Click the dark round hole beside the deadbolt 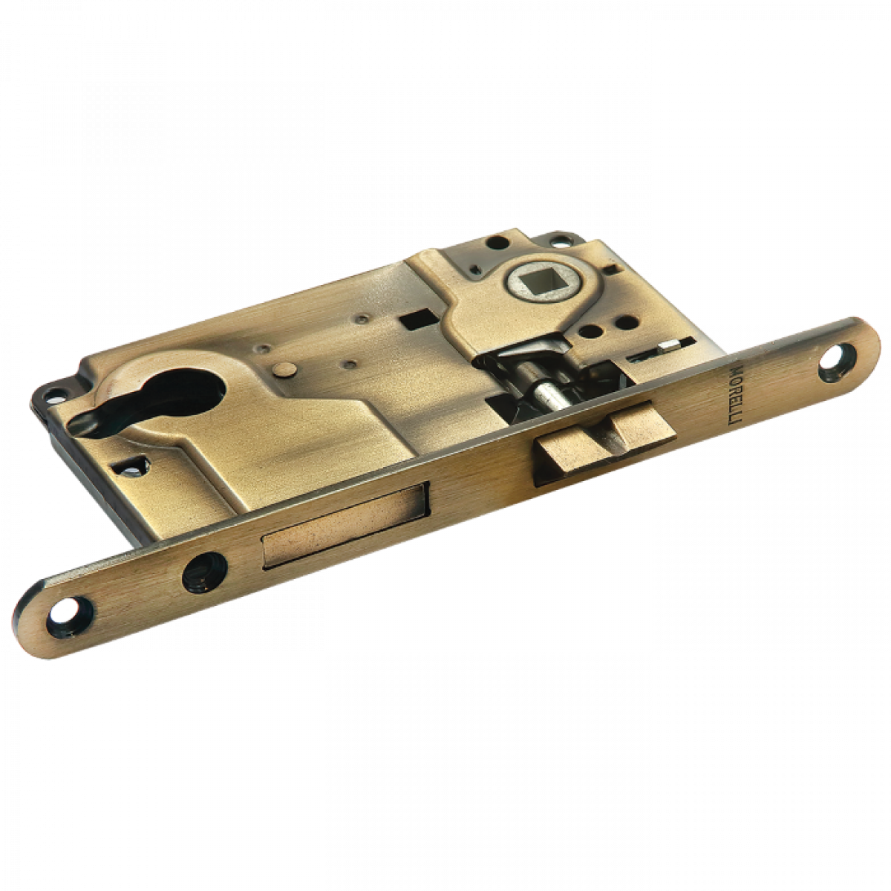click(x=204, y=572)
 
